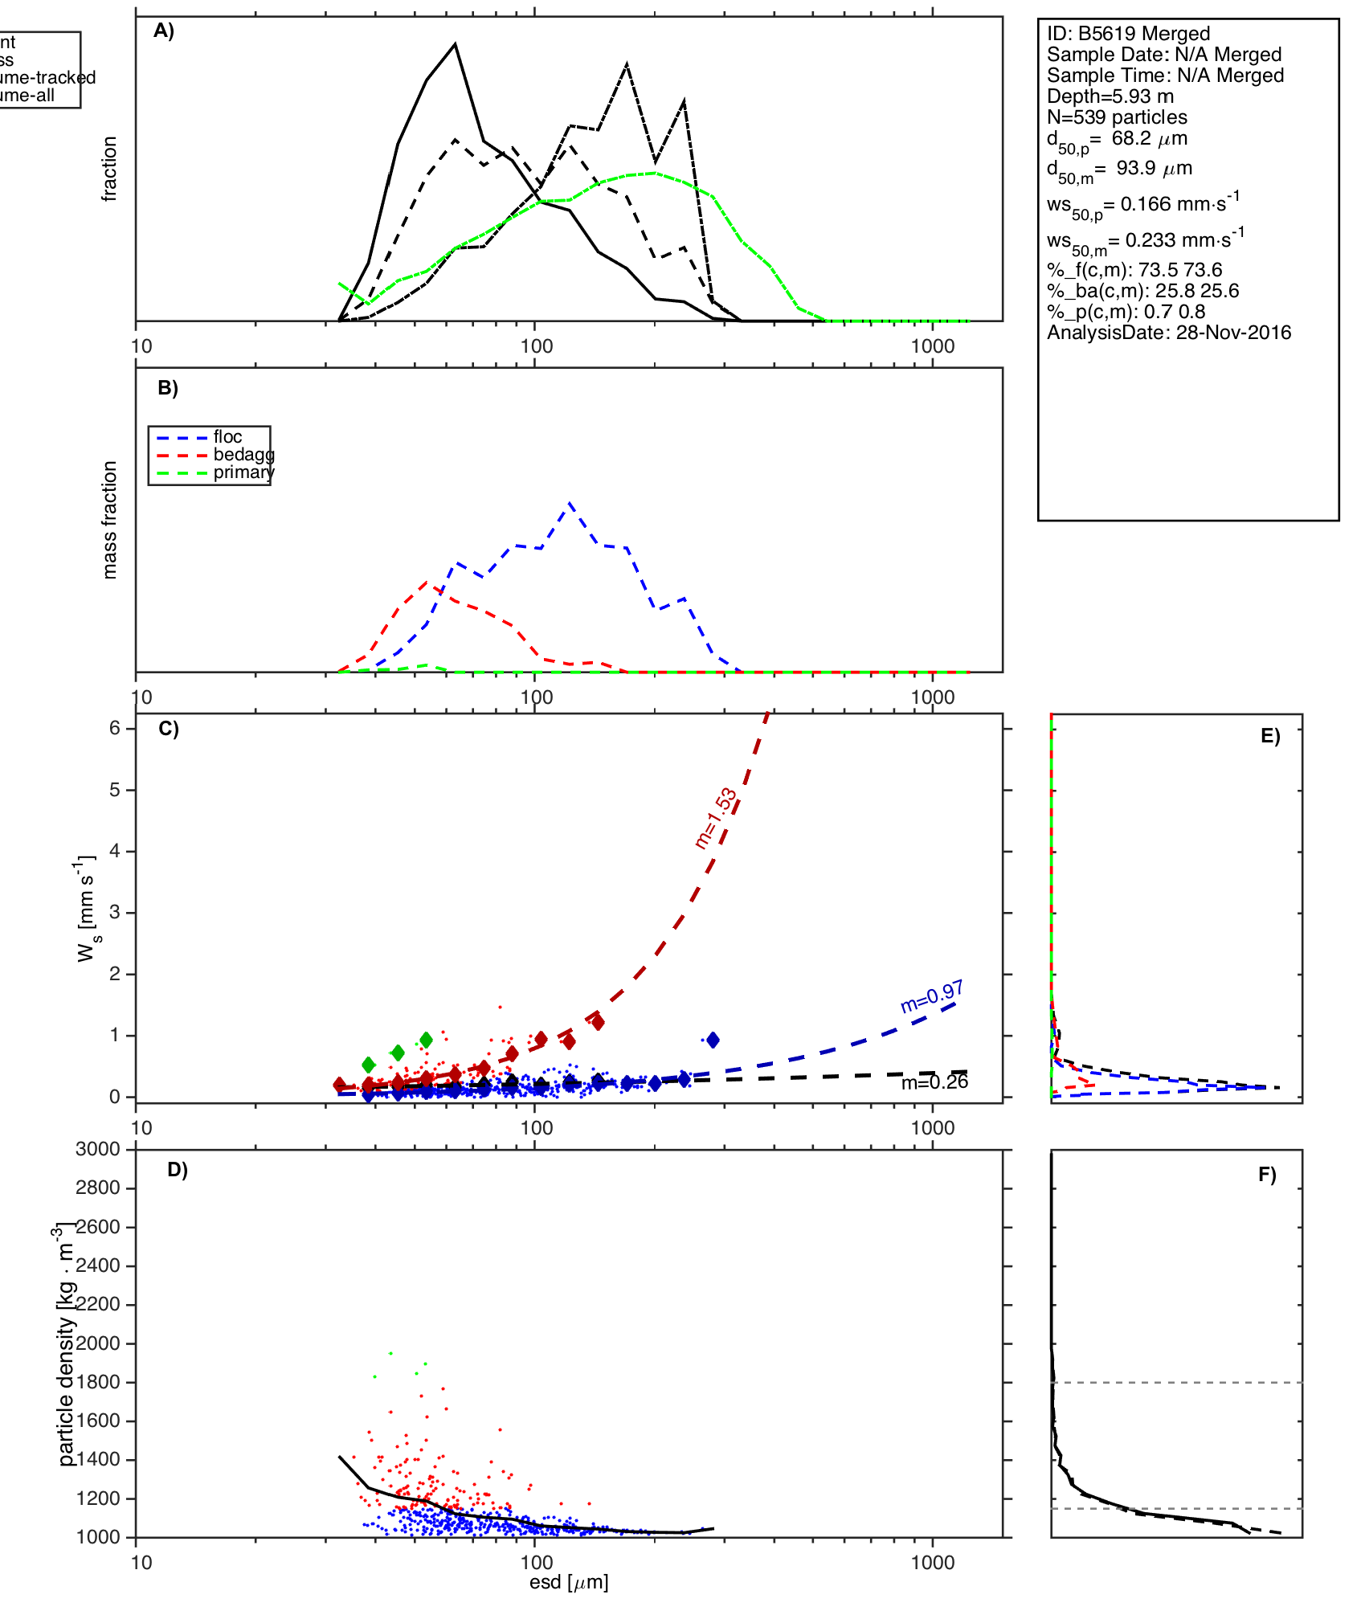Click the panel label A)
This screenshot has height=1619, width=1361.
[x=164, y=31]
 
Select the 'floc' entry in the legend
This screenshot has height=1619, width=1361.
[x=227, y=437]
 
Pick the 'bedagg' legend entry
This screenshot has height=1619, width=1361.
[x=243, y=455]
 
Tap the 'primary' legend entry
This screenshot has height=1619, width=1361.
[x=243, y=472]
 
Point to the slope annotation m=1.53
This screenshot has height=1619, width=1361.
[x=715, y=818]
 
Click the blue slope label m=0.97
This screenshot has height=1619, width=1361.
[x=931, y=996]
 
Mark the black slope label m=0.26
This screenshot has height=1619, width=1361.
[x=934, y=1082]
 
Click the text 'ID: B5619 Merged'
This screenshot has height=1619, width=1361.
[x=1128, y=34]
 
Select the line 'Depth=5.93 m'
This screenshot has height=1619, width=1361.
[x=1110, y=96]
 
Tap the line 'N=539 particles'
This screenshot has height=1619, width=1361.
[x=1117, y=117]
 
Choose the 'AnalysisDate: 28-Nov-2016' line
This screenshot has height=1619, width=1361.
[x=1168, y=333]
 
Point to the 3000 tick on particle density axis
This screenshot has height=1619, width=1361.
[x=98, y=1149]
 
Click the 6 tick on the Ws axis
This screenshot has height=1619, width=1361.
[x=115, y=728]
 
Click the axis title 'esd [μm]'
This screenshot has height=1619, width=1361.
[x=568, y=1582]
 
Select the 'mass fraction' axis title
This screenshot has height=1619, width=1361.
[x=110, y=520]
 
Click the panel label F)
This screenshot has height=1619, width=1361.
[x=1267, y=1175]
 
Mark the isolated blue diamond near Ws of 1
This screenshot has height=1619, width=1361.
[x=713, y=1040]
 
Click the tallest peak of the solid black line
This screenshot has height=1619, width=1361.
[x=455, y=44]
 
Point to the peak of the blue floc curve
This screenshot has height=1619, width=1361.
[x=570, y=503]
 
